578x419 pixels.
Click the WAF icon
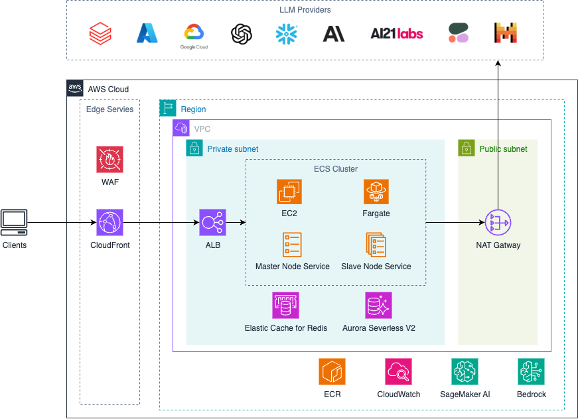pos(109,160)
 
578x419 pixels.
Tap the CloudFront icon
pos(109,223)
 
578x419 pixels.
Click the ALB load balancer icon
pos(212,223)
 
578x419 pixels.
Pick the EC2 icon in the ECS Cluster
pos(289,192)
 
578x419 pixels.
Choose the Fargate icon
pos(376,192)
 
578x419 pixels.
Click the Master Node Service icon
pos(292,245)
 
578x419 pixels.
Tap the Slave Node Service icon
pos(376,245)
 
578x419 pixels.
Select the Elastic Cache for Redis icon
pos(285,306)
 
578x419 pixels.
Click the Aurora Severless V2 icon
pos(379,306)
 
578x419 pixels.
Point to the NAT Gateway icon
pos(498,223)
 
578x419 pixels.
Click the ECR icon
pos(332,372)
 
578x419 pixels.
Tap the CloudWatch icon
pos(398,372)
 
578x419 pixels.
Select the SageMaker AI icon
pos(465,372)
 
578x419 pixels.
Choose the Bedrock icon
pos(531,372)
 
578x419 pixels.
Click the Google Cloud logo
pos(194,35)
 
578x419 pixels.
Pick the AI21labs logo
pos(396,33)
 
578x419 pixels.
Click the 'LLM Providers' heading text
pos(305,10)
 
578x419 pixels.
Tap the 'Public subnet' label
pos(503,149)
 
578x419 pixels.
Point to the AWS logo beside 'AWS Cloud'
pos(75,89)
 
